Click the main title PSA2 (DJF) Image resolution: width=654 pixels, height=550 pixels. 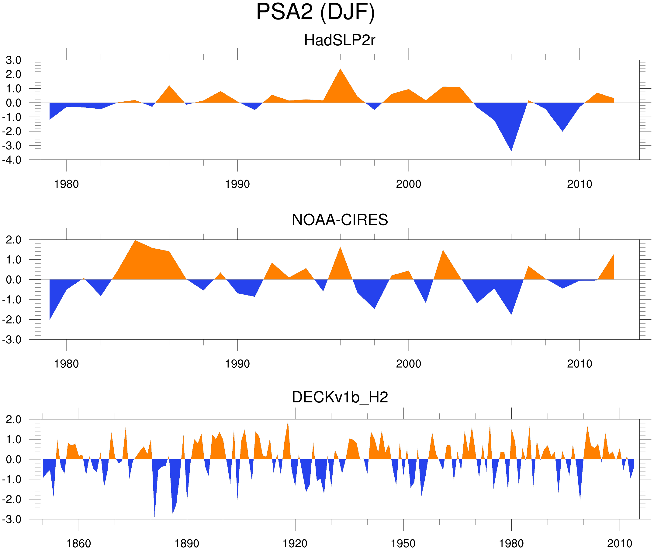[x=315, y=12]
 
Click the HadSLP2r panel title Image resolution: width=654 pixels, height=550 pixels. [x=339, y=40]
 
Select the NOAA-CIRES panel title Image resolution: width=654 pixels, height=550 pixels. [x=340, y=220]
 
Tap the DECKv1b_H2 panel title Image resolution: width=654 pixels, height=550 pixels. [x=340, y=397]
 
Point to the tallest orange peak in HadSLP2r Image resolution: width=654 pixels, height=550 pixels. [x=340, y=69]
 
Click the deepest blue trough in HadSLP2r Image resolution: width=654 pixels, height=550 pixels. [x=511, y=150]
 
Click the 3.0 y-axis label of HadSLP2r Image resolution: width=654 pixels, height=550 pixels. [x=13, y=60]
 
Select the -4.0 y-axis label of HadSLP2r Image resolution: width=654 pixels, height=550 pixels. [x=12, y=160]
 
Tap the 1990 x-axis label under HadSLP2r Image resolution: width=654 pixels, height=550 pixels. [x=237, y=184]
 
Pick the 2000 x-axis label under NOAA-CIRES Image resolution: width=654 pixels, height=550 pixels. [x=408, y=364]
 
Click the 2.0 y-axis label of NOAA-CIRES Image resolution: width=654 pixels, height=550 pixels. [x=13, y=240]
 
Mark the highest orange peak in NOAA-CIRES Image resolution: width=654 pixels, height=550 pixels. [x=135, y=241]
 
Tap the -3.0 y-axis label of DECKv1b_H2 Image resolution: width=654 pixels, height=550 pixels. [x=12, y=520]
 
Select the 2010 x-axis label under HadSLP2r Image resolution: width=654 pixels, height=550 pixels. [x=579, y=184]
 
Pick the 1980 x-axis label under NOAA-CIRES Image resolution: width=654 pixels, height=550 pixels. [x=66, y=364]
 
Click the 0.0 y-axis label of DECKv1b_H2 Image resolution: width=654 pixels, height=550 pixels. [x=13, y=460]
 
